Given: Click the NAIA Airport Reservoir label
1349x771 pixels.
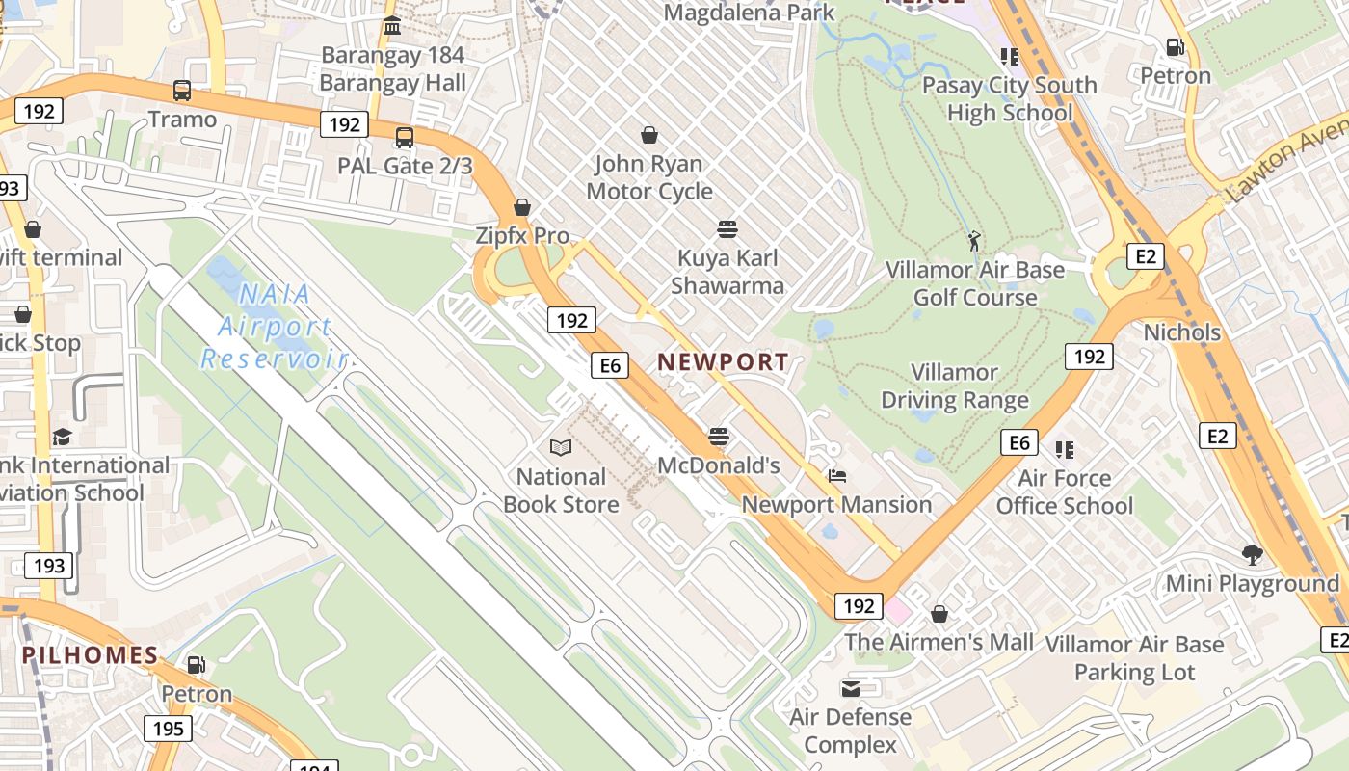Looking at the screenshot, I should pyautogui.click(x=274, y=326).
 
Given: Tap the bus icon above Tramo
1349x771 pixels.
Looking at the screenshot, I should pyautogui.click(x=182, y=91).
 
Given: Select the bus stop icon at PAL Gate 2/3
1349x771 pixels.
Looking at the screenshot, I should pyautogui.click(x=405, y=137).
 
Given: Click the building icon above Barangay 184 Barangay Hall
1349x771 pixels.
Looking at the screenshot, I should pyautogui.click(x=392, y=26).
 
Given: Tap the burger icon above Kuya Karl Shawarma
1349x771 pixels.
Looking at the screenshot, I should pyautogui.click(x=727, y=228).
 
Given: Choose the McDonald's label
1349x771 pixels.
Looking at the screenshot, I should pyautogui.click(x=718, y=465).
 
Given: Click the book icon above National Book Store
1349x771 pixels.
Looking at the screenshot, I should pyautogui.click(x=561, y=447).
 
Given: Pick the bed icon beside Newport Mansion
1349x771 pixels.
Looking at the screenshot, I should pyautogui.click(x=836, y=476).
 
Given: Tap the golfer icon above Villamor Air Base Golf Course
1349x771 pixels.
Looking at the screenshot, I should pyautogui.click(x=974, y=240).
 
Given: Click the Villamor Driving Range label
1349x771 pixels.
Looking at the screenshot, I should pyautogui.click(x=955, y=385).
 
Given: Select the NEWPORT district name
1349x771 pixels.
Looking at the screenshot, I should pyautogui.click(x=723, y=362).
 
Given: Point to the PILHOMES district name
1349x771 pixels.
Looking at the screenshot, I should pyautogui.click(x=90, y=655).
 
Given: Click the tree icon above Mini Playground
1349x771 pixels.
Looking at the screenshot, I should pyautogui.click(x=1253, y=554).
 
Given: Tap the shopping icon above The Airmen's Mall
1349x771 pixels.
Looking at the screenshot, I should pyautogui.click(x=939, y=614).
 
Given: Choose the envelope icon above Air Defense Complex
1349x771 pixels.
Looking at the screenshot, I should pyautogui.click(x=851, y=688).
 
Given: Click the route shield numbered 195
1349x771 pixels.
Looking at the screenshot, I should pyautogui.click(x=168, y=728).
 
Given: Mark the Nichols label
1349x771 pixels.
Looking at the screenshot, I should pyautogui.click(x=1181, y=332).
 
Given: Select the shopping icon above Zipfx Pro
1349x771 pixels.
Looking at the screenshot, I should pyautogui.click(x=522, y=207).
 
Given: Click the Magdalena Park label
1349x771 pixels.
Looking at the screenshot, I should pyautogui.click(x=749, y=13).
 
